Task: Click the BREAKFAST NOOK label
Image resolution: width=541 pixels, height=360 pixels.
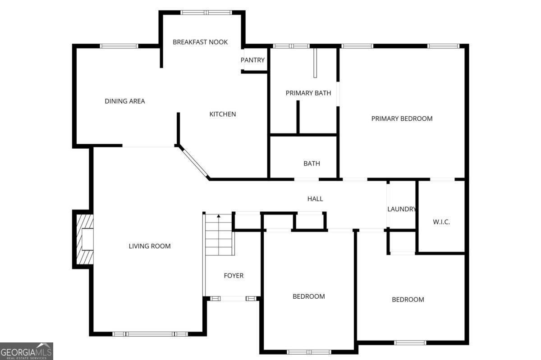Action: [200, 42]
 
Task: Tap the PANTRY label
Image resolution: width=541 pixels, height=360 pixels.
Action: [252, 60]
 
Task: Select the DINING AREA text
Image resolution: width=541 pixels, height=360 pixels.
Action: [124, 101]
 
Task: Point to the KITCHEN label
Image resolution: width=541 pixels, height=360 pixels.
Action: [222, 114]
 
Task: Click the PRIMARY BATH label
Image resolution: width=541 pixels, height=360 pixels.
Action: [308, 93]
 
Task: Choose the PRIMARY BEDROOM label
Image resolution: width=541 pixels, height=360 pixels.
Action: [402, 118]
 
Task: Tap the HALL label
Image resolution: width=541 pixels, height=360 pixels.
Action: [315, 199]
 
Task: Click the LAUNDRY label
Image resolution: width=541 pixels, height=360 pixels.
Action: [402, 209]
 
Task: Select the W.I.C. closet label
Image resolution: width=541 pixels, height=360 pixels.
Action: [441, 222]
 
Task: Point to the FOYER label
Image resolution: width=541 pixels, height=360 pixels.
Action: [234, 275]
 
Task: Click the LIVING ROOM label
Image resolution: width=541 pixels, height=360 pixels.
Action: [150, 246]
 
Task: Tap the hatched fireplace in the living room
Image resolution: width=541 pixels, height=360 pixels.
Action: [85, 239]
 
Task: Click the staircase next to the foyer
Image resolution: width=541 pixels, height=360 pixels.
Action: [220, 234]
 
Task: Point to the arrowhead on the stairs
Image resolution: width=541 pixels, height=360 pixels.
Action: [219, 216]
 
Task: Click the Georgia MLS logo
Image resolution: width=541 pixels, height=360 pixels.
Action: [27, 351]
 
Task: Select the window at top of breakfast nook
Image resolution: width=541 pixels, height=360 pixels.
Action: [206, 13]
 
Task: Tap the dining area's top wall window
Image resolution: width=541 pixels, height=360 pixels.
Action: [119, 46]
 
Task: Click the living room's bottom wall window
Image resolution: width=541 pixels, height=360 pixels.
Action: [150, 334]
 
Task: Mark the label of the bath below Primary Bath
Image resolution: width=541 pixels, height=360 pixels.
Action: [312, 164]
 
